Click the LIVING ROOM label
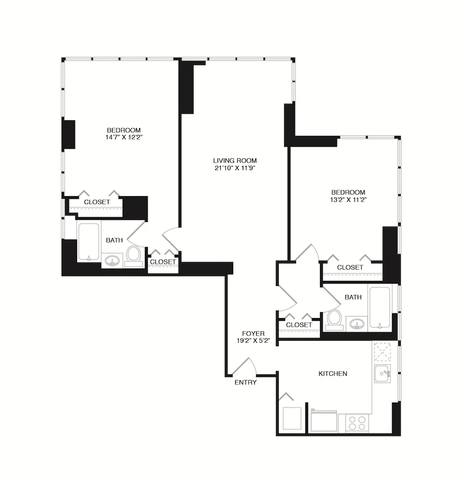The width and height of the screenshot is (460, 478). [x=235, y=161]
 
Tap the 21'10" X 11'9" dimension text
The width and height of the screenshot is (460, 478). [x=235, y=168]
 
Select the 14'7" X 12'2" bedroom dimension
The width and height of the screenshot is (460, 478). [x=123, y=137]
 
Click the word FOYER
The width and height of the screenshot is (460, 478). [x=253, y=334]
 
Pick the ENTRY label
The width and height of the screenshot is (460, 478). [x=245, y=382]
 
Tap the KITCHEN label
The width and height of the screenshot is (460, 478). [x=333, y=373]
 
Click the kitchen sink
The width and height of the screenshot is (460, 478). [x=383, y=374]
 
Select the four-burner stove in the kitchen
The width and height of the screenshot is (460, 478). [x=356, y=423]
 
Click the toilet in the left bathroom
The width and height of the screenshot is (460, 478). [x=133, y=254]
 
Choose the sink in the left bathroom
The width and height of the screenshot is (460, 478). [x=113, y=261]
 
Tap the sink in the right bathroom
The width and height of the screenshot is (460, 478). [x=355, y=325]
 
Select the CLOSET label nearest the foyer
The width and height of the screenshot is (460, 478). [x=299, y=325]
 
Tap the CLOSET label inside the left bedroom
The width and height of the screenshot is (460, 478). [x=97, y=202]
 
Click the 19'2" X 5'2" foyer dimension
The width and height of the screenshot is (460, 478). [x=253, y=341]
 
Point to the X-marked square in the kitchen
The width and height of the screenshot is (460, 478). [x=383, y=352]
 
